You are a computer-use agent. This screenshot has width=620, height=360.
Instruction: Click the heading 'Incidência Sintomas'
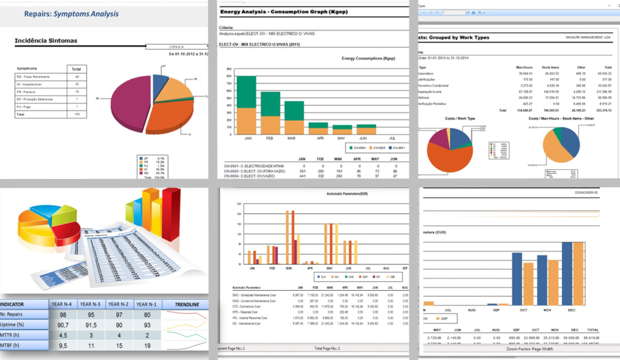[46, 41]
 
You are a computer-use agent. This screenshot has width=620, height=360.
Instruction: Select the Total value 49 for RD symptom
[76, 76]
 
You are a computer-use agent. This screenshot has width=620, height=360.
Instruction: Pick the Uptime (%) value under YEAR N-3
[91, 325]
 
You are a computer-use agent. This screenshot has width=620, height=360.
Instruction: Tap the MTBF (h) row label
[14, 346]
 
